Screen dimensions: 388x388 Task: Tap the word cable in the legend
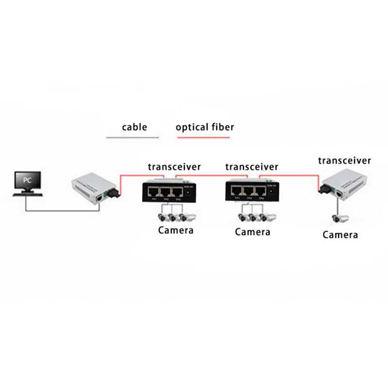pos(134,128)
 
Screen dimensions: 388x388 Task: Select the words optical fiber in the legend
pos(205,128)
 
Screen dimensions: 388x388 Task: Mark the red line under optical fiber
pos(203,138)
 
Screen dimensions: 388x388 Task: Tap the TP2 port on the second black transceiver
pos(249,190)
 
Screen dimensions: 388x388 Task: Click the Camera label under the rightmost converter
pos(340,235)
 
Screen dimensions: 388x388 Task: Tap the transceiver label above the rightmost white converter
pos(344,161)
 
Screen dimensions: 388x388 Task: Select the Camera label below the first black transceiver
pos(176,230)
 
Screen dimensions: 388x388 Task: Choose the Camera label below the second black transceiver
pos(252,232)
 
